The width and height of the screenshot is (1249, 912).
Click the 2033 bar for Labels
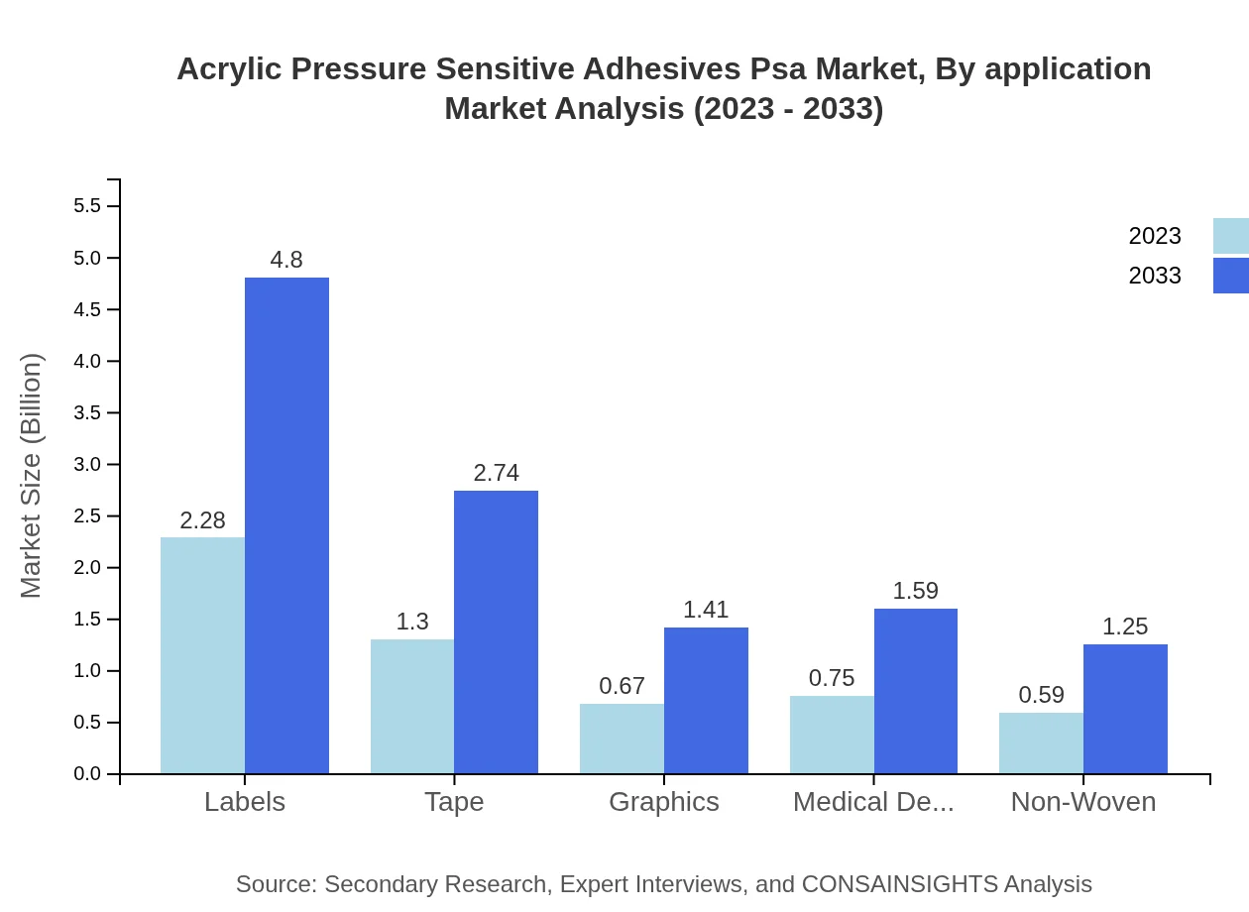click(x=286, y=525)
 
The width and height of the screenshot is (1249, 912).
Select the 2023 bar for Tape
click(x=411, y=706)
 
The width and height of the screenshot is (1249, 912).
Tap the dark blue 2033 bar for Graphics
click(x=706, y=700)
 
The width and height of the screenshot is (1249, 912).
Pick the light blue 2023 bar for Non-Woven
click(x=1041, y=742)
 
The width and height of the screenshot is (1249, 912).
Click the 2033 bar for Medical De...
click(x=916, y=691)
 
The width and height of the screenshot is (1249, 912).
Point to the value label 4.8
click(x=286, y=260)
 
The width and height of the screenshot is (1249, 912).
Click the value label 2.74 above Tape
click(x=496, y=473)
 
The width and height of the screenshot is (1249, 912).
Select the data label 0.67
click(x=622, y=686)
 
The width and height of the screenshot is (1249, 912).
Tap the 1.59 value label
click(x=915, y=591)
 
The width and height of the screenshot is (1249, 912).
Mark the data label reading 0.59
click(x=1041, y=695)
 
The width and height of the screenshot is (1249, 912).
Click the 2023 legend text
click(x=1155, y=236)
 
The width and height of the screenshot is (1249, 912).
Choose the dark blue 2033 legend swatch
click(x=1230, y=276)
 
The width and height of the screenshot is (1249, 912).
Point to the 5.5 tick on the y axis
click(x=87, y=206)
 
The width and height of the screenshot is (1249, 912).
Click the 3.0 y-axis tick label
click(x=87, y=465)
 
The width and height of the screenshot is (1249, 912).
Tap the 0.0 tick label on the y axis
click(x=87, y=774)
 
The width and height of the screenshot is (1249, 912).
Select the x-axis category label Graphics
click(x=664, y=801)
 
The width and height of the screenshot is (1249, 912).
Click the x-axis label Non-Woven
click(x=1082, y=801)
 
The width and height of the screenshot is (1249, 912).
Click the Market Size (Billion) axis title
click(x=32, y=476)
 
